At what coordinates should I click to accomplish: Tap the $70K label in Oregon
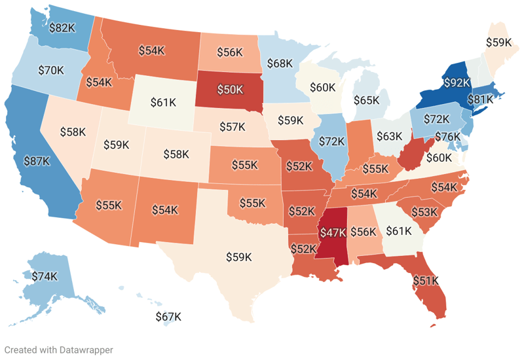[50, 69]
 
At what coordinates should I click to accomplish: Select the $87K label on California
[37, 160]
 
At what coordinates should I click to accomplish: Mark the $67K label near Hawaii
[168, 317]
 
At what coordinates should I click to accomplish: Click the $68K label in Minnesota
[279, 63]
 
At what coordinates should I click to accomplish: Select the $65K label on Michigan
[367, 100]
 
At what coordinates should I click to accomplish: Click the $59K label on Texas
[238, 257]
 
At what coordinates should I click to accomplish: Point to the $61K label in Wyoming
[163, 102]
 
